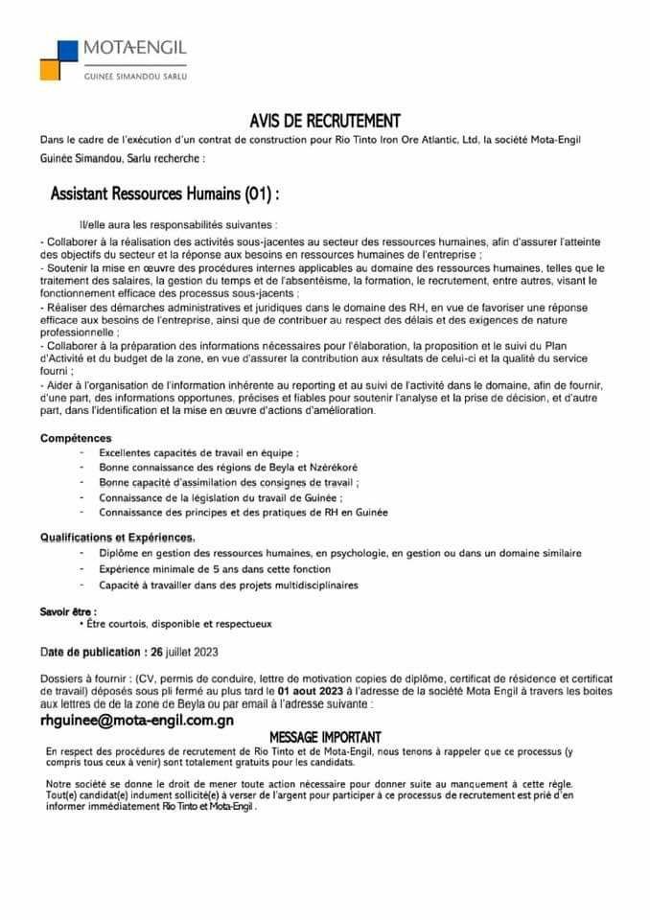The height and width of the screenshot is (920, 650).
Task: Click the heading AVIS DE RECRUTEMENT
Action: click(x=324, y=121)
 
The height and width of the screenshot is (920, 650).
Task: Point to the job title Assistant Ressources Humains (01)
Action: click(x=165, y=194)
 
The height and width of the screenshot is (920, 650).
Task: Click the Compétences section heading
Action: click(x=76, y=437)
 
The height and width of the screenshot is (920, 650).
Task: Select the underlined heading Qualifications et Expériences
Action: click(x=118, y=538)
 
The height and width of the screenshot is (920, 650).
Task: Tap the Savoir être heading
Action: click(x=68, y=610)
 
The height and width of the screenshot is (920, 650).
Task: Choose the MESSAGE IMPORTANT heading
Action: click(x=325, y=737)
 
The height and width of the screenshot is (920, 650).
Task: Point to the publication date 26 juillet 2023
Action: click(x=183, y=653)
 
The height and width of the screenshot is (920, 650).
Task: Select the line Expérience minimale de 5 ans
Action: click(x=194, y=568)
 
